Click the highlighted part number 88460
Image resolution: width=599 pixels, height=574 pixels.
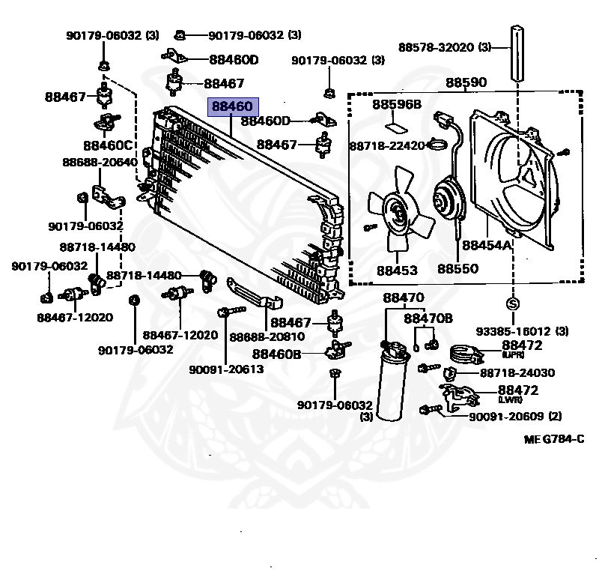[232, 107]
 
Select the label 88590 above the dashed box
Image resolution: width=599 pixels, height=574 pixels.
[466, 82]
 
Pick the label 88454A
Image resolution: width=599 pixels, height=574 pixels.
[487, 245]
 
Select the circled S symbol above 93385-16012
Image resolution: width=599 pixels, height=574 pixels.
[513, 303]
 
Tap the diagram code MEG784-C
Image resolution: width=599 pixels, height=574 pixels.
[553, 438]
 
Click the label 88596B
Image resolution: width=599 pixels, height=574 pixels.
[397, 104]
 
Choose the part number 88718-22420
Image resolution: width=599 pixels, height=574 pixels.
[387, 145]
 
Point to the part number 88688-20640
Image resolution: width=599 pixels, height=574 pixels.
[100, 162]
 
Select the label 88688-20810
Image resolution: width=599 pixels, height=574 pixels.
[267, 336]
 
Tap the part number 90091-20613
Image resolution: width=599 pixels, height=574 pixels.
[226, 369]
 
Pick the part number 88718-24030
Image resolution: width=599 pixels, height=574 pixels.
[517, 372]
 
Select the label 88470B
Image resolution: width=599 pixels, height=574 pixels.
[428, 318]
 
